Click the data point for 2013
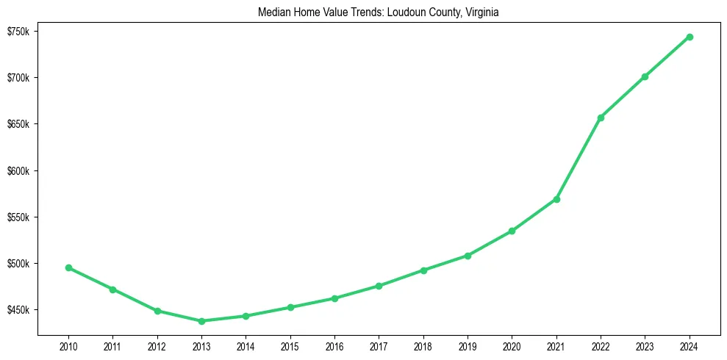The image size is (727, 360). [x=201, y=321]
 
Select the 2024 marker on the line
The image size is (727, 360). [x=690, y=37]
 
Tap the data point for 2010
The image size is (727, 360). [x=68, y=267]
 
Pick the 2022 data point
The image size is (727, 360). [x=601, y=118]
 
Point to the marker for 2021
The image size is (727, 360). [x=556, y=199]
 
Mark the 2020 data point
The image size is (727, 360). [x=512, y=231]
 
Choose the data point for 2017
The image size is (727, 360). [x=379, y=286]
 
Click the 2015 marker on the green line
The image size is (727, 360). [x=290, y=307]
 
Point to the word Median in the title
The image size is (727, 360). [x=273, y=12]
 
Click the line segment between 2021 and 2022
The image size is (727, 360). [x=579, y=159]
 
